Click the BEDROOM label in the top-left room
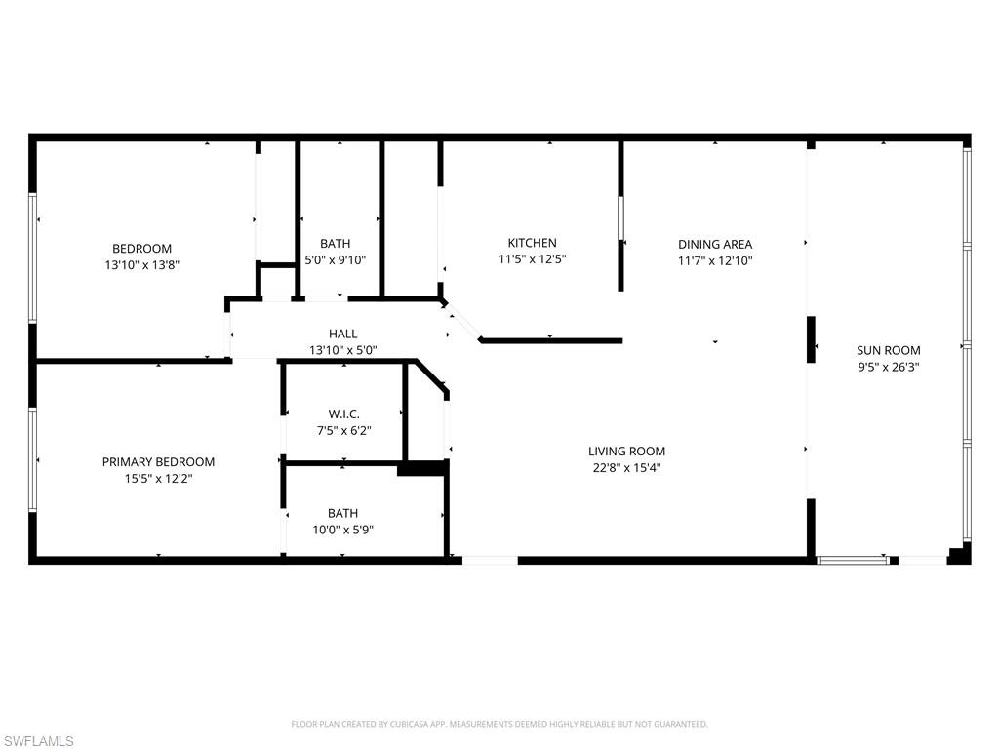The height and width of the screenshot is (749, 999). point(141,249)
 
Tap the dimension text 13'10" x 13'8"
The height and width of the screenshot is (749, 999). point(141,264)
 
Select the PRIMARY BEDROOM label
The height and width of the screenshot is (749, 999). point(158,462)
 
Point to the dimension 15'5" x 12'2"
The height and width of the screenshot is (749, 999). point(158,479)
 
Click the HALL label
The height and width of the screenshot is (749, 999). point(342,334)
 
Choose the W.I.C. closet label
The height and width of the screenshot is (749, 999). point(342,414)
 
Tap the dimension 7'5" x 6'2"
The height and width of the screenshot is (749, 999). point(342,430)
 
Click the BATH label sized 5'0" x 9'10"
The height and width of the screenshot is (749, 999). point(335,244)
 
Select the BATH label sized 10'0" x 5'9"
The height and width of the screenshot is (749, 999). point(342,513)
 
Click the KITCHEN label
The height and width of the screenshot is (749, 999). point(532,243)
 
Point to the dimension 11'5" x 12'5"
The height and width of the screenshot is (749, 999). point(532,259)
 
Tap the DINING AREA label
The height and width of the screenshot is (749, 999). point(715,244)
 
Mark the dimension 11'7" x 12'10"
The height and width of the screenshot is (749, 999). point(715,260)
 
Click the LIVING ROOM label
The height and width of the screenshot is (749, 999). point(626,452)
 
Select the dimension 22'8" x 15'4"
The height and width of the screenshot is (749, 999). point(626,467)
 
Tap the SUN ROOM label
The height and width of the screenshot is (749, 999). point(888,351)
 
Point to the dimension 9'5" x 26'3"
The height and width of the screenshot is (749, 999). point(888,368)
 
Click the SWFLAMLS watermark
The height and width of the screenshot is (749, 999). point(38,741)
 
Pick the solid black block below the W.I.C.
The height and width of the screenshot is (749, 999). point(421,469)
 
